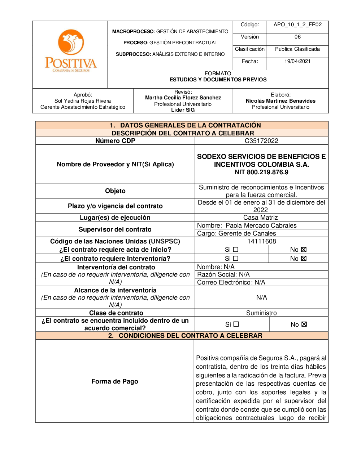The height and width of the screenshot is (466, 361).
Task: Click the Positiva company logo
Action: coord(71,51)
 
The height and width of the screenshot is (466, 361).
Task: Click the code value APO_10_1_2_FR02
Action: coord(297,24)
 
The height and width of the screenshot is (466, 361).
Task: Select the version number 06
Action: coord(297,37)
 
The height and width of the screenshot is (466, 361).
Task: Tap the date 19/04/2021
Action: coord(297,61)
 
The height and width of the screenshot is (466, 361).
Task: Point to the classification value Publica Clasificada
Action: coord(297,49)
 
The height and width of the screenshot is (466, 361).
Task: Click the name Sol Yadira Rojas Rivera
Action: coord(83,101)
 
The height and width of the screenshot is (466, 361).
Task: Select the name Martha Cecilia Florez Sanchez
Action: coord(183,98)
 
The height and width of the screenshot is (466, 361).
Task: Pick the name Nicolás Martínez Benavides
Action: coord(280,101)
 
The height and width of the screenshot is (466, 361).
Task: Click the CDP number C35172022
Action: coord(261,141)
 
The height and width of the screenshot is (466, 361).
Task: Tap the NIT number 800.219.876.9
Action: coord(261,172)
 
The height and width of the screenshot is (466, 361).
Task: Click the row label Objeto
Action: coord(115,191)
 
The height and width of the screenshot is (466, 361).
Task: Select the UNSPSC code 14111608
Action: coord(261,241)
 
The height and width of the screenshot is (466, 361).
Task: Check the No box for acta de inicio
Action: coord(304,250)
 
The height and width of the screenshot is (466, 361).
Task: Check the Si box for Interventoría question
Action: coord(236,258)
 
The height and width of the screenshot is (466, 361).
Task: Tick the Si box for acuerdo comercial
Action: coord(236,324)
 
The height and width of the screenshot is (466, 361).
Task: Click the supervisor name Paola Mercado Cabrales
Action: coord(261,225)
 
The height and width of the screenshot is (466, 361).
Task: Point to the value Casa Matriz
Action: coord(260,218)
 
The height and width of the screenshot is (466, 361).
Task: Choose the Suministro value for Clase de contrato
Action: coord(261,313)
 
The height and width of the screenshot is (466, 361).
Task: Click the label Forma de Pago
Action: coord(115,381)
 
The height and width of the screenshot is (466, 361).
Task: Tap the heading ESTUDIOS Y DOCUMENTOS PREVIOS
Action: coord(218,80)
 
